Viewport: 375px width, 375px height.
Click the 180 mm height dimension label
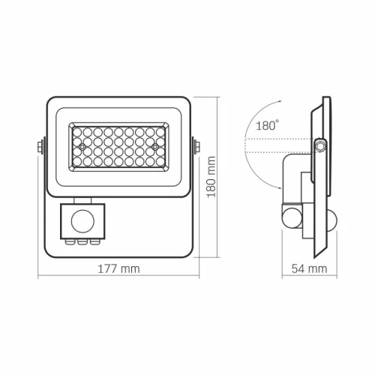[x=212, y=178]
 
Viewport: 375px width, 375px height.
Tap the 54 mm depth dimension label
[x=310, y=268]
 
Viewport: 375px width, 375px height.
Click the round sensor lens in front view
[x=82, y=220]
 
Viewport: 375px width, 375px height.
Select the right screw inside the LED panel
[x=154, y=146]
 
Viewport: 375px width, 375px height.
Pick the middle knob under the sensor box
[x=82, y=241]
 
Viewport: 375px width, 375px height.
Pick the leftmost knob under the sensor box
[x=73, y=241]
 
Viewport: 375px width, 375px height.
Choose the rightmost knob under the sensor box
[x=92, y=241]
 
